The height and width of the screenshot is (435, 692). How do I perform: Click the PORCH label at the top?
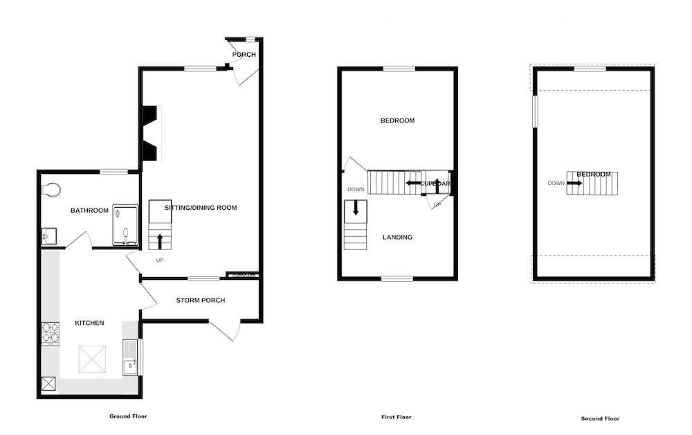click(244, 55)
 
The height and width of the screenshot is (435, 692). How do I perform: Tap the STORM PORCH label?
click(201, 300)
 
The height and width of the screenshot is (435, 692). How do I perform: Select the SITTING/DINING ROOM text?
click(201, 207)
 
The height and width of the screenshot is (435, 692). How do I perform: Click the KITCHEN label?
click(89, 323)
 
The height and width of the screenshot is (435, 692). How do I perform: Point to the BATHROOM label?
click(90, 211)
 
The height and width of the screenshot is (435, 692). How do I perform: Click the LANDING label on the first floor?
click(397, 237)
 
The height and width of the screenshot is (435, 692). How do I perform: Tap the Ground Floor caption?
click(128, 416)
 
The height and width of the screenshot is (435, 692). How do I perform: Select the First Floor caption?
click(396, 417)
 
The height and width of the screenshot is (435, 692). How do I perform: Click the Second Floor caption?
click(600, 418)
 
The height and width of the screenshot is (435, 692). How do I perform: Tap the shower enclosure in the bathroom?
click(125, 225)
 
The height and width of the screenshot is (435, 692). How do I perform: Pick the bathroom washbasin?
click(46, 236)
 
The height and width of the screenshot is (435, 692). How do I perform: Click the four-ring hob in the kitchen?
click(51, 335)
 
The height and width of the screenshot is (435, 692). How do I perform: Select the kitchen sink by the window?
click(130, 357)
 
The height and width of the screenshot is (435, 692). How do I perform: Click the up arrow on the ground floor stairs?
click(160, 241)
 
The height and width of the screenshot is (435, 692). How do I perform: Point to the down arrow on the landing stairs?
click(356, 208)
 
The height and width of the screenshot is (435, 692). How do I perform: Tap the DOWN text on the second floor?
click(556, 184)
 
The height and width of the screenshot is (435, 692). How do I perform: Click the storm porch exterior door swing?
click(226, 331)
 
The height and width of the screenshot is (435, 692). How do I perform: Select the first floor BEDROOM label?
click(397, 121)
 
